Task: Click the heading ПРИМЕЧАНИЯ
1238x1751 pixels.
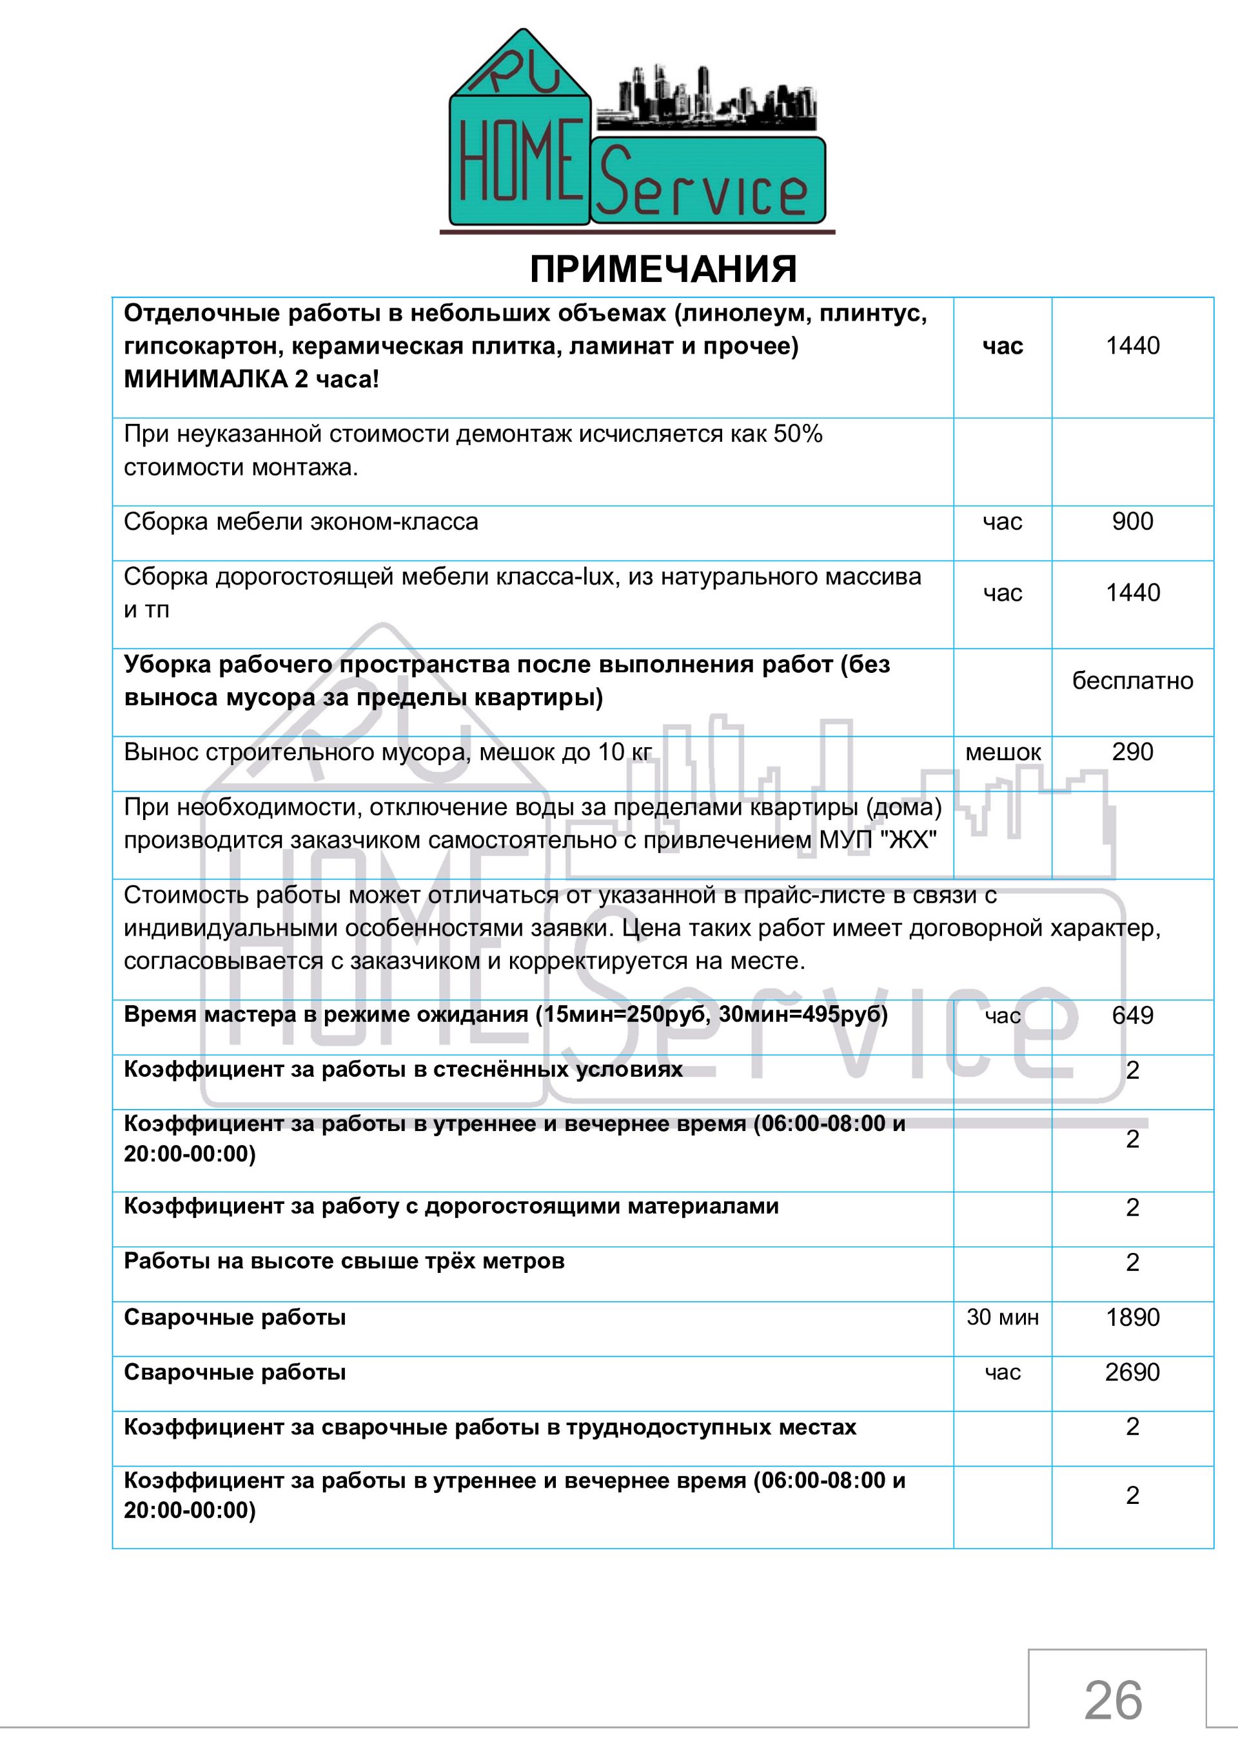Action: pyautogui.click(x=663, y=269)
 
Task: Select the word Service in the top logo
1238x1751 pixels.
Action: pyautogui.click(x=701, y=188)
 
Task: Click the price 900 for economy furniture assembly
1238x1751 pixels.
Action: pyautogui.click(x=1132, y=522)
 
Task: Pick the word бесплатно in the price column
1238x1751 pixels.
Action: pyautogui.click(x=1132, y=680)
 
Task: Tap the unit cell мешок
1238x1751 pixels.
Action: pyautogui.click(x=1003, y=753)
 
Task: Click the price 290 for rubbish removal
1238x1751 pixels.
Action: pyautogui.click(x=1132, y=752)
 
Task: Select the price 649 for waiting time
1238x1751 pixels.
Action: pyautogui.click(x=1132, y=1015)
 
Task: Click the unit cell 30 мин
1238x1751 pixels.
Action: pyautogui.click(x=1003, y=1317)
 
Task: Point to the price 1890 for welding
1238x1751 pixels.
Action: pyautogui.click(x=1132, y=1317)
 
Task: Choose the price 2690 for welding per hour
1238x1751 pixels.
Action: pyautogui.click(x=1132, y=1372)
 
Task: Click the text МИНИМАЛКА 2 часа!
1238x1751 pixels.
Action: pyautogui.click(x=251, y=379)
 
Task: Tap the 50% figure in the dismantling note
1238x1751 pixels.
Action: pyautogui.click(x=798, y=434)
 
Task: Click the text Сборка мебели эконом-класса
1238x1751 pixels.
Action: pyautogui.click(x=301, y=522)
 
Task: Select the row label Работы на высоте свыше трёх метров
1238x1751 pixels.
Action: pyautogui.click(x=344, y=1261)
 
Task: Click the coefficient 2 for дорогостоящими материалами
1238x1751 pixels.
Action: pyautogui.click(x=1132, y=1207)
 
